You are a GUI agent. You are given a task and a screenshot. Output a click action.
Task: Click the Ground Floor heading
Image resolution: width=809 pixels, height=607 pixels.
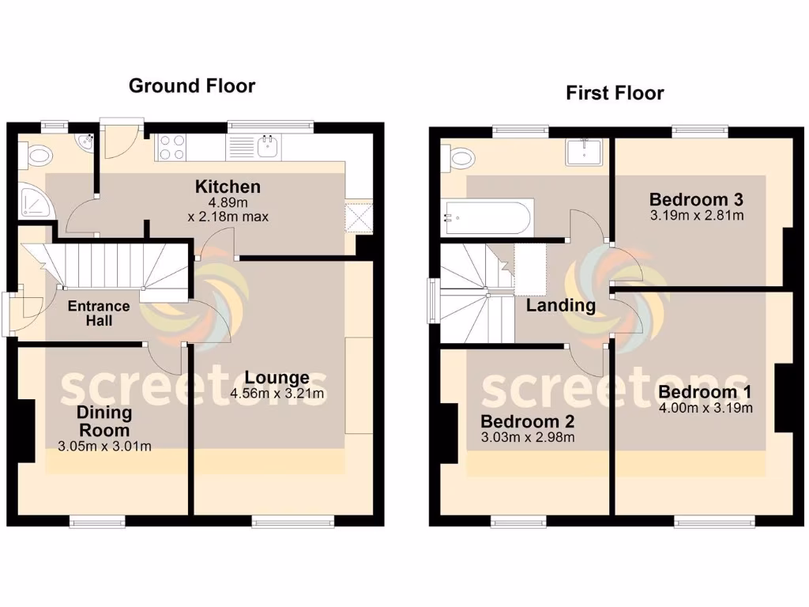[192, 85]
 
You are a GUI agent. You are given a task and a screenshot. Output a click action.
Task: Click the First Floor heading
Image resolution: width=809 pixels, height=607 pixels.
[615, 92]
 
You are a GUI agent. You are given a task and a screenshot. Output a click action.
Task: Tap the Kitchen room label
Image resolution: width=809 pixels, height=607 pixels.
[228, 187]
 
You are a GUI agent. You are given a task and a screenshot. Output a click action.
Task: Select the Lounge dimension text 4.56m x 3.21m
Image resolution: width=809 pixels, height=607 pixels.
[277, 394]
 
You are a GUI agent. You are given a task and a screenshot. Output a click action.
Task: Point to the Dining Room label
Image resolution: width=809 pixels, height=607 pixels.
[104, 421]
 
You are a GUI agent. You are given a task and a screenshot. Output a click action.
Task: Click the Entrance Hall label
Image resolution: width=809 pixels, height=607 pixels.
[98, 313]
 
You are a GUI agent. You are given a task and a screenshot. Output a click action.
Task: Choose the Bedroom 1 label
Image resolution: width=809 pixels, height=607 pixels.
[705, 393]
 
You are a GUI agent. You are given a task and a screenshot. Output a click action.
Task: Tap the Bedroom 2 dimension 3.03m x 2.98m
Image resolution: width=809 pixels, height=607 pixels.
[527, 437]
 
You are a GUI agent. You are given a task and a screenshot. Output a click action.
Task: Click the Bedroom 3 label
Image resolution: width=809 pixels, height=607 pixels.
[696, 199]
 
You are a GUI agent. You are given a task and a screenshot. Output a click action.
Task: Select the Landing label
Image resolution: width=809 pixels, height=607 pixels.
[561, 305]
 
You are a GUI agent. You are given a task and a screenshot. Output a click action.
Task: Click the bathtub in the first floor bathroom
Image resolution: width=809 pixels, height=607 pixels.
[487, 218]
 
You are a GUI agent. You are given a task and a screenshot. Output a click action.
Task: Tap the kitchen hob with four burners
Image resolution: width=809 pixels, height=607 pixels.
[172, 148]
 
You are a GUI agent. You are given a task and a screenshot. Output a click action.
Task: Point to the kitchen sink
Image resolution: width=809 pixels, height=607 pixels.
[269, 147]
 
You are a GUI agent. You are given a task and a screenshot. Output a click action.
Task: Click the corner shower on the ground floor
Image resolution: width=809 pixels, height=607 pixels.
[34, 202]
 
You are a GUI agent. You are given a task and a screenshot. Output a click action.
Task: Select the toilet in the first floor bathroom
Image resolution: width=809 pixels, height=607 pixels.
[459, 158]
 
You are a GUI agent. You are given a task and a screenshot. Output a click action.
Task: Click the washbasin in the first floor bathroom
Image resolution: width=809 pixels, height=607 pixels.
[585, 152]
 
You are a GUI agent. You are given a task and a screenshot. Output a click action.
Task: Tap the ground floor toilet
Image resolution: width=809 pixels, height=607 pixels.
[36, 156]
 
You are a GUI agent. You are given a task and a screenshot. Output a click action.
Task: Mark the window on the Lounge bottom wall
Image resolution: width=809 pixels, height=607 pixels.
[293, 521]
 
